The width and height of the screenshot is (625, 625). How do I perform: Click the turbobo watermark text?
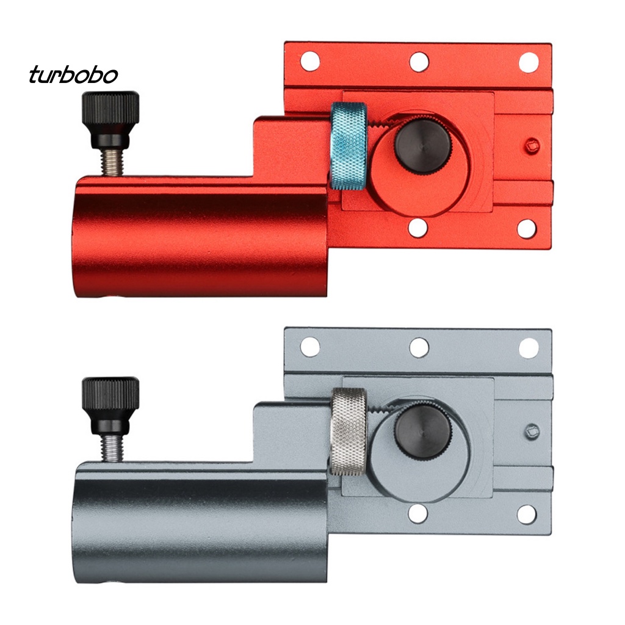tap(73, 76)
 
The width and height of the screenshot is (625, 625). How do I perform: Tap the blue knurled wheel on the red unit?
tap(349, 145)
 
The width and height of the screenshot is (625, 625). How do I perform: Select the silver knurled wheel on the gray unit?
tap(349, 430)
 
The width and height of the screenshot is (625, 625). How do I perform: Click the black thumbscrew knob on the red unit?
tap(111, 120)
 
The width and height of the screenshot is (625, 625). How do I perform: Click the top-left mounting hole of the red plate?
tap(310, 61)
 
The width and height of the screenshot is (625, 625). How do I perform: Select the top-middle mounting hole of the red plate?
tap(419, 61)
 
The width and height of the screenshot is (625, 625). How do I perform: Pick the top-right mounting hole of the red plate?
tap(528, 62)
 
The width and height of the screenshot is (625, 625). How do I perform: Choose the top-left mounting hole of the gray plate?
tap(310, 347)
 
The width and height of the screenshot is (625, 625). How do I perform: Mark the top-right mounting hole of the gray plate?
tap(528, 347)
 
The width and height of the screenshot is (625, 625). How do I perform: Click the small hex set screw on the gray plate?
tap(532, 432)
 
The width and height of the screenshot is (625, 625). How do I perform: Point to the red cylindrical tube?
tap(201, 238)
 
